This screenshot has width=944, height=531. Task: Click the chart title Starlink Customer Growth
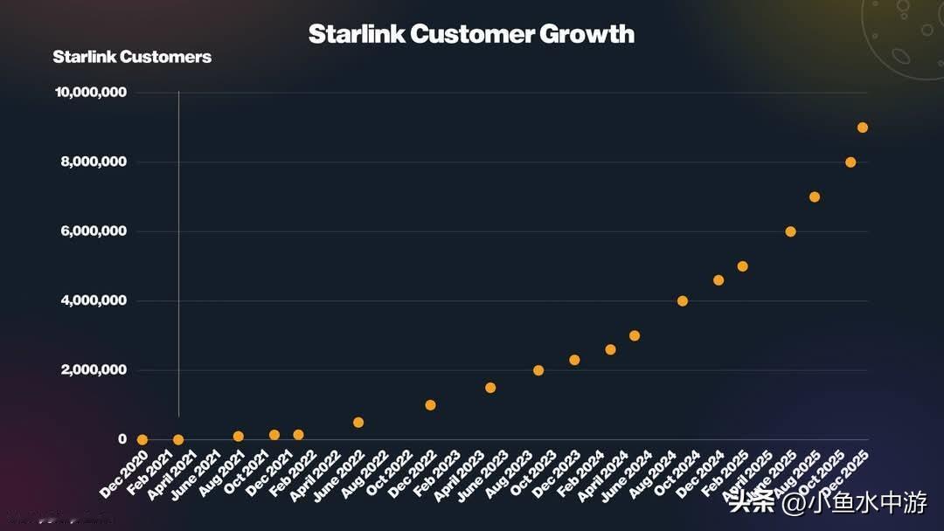(x=471, y=34)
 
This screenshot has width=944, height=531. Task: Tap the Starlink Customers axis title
(x=132, y=57)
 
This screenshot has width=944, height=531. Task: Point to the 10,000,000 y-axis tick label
(x=90, y=93)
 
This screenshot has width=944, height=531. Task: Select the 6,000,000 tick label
(x=93, y=231)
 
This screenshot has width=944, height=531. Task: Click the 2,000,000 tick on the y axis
(x=93, y=370)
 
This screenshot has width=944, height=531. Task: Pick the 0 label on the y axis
(x=122, y=439)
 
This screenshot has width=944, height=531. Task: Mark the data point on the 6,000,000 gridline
(x=790, y=231)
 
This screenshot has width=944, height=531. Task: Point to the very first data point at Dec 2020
(x=142, y=440)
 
